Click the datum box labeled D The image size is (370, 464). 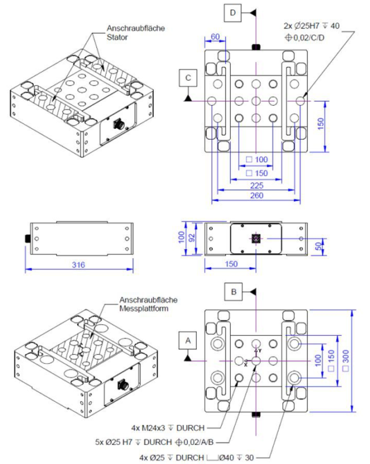(x=233, y=13)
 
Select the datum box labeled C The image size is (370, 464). (x=188, y=78)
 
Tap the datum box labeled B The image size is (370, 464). (x=233, y=292)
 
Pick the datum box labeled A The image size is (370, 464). (x=188, y=340)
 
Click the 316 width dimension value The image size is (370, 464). (x=78, y=264)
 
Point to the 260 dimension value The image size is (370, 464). (x=257, y=195)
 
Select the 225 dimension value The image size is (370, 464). (x=257, y=186)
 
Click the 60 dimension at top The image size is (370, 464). (x=215, y=37)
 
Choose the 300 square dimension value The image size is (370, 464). (x=346, y=360)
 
